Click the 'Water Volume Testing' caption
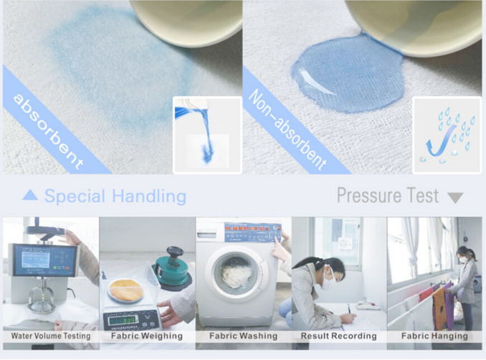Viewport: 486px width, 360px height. [x=50, y=336]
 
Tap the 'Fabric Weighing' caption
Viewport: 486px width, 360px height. [x=147, y=336]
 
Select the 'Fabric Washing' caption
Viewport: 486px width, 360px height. [x=243, y=336]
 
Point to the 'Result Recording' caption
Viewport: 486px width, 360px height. [x=338, y=336]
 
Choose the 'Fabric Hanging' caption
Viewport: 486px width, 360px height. [x=434, y=336]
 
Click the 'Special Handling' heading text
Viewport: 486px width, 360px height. [x=115, y=196]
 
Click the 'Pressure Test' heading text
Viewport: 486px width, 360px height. [x=388, y=195]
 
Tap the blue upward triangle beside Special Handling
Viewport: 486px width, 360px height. [x=30, y=195]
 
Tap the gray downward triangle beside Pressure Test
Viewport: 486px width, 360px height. [x=454, y=197]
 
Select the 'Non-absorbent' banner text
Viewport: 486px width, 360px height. [x=287, y=130]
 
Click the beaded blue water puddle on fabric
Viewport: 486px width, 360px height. [x=337, y=75]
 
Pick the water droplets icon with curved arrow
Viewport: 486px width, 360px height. [x=446, y=135]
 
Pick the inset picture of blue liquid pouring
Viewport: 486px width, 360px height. [x=207, y=135]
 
